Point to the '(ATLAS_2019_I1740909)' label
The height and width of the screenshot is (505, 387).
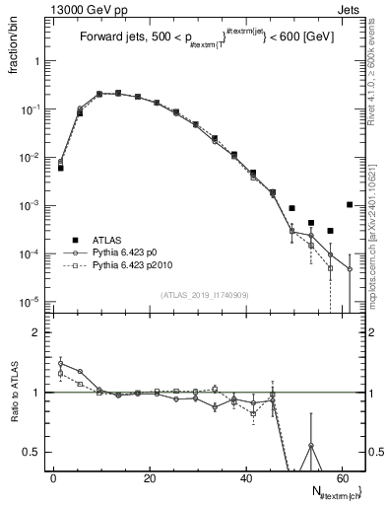tap(205, 294)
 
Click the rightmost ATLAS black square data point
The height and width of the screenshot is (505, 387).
tap(350, 205)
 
